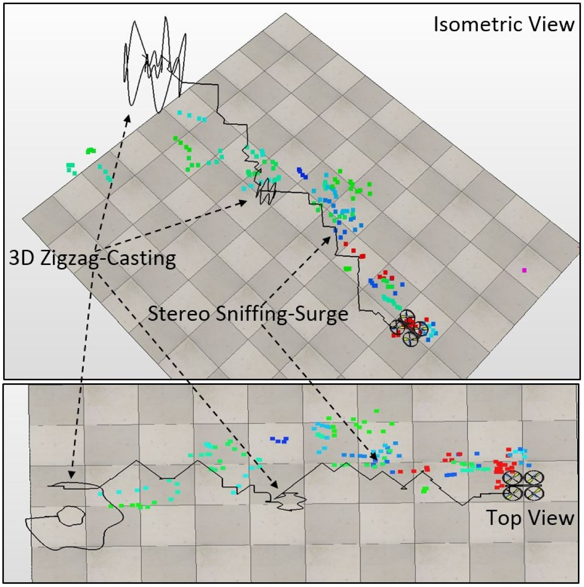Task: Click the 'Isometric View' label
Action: (504, 24)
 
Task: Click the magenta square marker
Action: (524, 270)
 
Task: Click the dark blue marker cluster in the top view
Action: (279, 440)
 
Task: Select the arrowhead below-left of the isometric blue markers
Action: (327, 240)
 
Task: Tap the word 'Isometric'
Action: (480, 24)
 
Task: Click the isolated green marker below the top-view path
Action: (425, 490)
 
